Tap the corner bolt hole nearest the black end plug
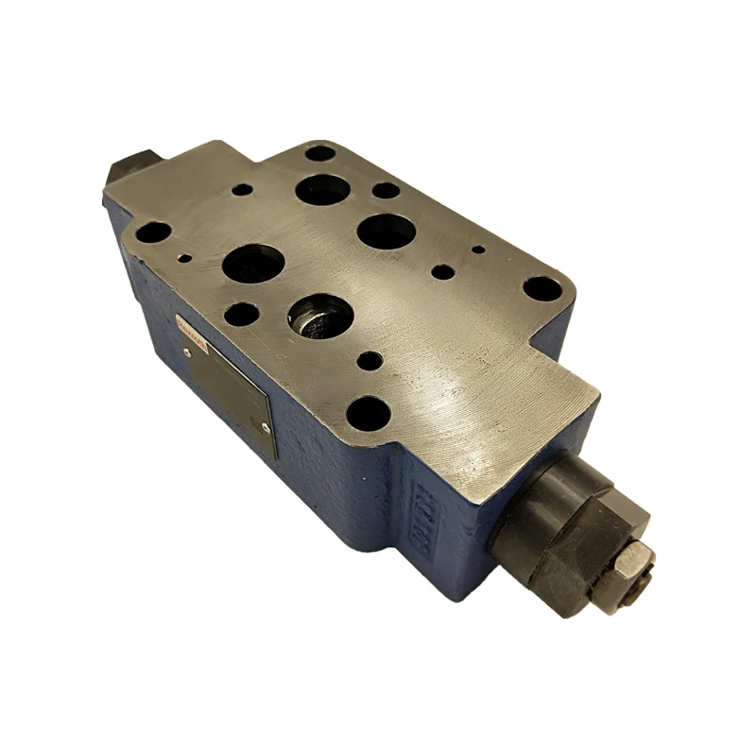click(x=156, y=232)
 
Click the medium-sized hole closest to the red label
click(x=242, y=312)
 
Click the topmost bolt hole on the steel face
click(x=320, y=152)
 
